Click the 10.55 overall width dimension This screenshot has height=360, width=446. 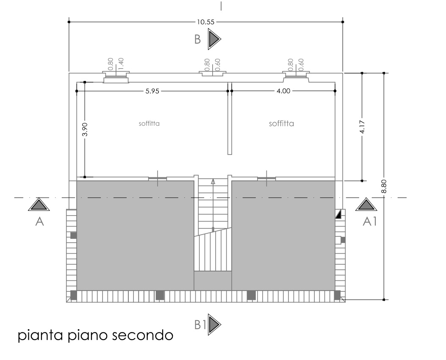206,22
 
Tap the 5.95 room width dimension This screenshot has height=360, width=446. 152,91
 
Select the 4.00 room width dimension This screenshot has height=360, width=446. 283,91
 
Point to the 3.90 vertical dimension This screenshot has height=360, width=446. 85,129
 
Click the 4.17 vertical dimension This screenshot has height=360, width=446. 362,127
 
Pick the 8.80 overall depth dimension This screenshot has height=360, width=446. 384,186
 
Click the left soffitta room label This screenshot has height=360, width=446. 149,123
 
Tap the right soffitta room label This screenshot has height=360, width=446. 281,123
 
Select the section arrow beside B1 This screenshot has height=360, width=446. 214,324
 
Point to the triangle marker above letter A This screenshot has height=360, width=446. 39,205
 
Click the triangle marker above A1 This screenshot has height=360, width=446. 366,205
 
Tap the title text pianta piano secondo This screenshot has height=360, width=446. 96,335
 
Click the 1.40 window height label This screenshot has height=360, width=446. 121,64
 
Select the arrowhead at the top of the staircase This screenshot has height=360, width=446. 213,181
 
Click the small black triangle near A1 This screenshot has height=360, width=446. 338,214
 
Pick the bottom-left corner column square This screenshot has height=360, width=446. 74,295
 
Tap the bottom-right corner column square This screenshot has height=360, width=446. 337,295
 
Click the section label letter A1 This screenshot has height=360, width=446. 369,221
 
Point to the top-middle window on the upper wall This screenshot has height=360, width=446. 213,74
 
